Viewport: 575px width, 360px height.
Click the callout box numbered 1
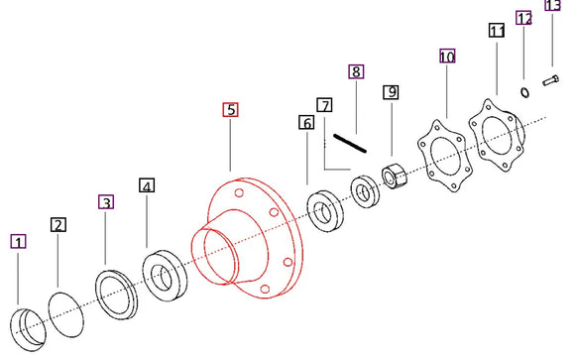[19, 241]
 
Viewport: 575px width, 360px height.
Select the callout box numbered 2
[58, 225]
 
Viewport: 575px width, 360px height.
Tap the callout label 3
[106, 202]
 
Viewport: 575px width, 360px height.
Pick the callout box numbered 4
[147, 185]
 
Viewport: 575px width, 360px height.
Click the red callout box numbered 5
[230, 109]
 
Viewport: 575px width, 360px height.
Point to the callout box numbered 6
[306, 123]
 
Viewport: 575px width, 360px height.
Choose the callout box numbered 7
[324, 104]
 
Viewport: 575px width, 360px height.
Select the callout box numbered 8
[356, 71]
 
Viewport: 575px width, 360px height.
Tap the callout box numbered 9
[392, 92]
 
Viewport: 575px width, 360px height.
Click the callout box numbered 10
[447, 58]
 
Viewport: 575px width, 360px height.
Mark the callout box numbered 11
[497, 32]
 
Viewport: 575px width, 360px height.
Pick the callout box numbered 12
[524, 18]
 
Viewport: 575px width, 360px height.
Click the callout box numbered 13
[553, 6]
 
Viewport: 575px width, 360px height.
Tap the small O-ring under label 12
[523, 92]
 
